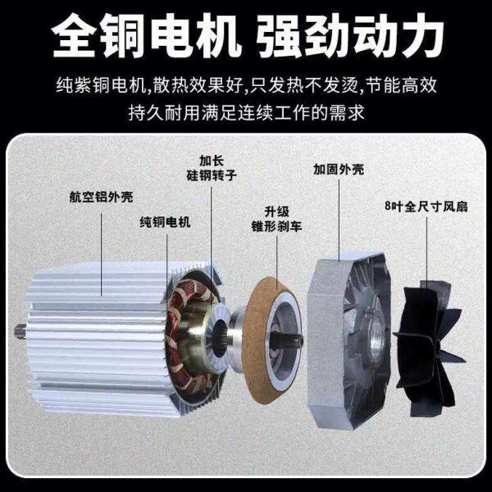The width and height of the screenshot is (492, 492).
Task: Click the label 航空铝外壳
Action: pos(101,197)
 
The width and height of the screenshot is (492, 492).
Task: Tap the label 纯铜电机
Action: pos(165,221)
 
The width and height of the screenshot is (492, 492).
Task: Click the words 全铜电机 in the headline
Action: pos(137,36)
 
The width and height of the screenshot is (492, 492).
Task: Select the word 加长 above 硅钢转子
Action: pos(212,160)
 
